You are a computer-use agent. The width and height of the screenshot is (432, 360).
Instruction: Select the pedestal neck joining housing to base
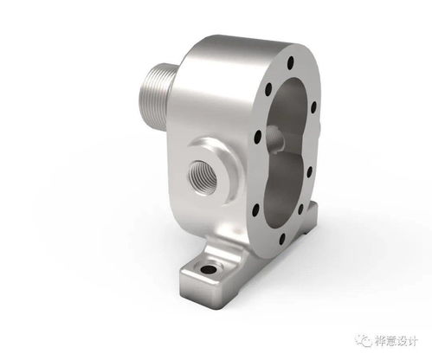(227, 229)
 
